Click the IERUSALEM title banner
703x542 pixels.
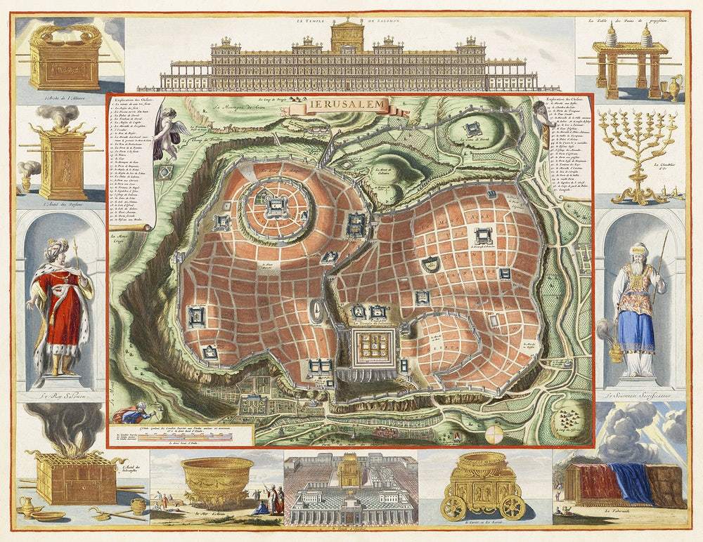tap(347, 106)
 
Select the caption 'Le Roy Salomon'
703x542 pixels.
tap(58, 397)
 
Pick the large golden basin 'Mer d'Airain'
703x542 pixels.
tap(218, 477)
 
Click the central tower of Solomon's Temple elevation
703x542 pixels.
tap(346, 35)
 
